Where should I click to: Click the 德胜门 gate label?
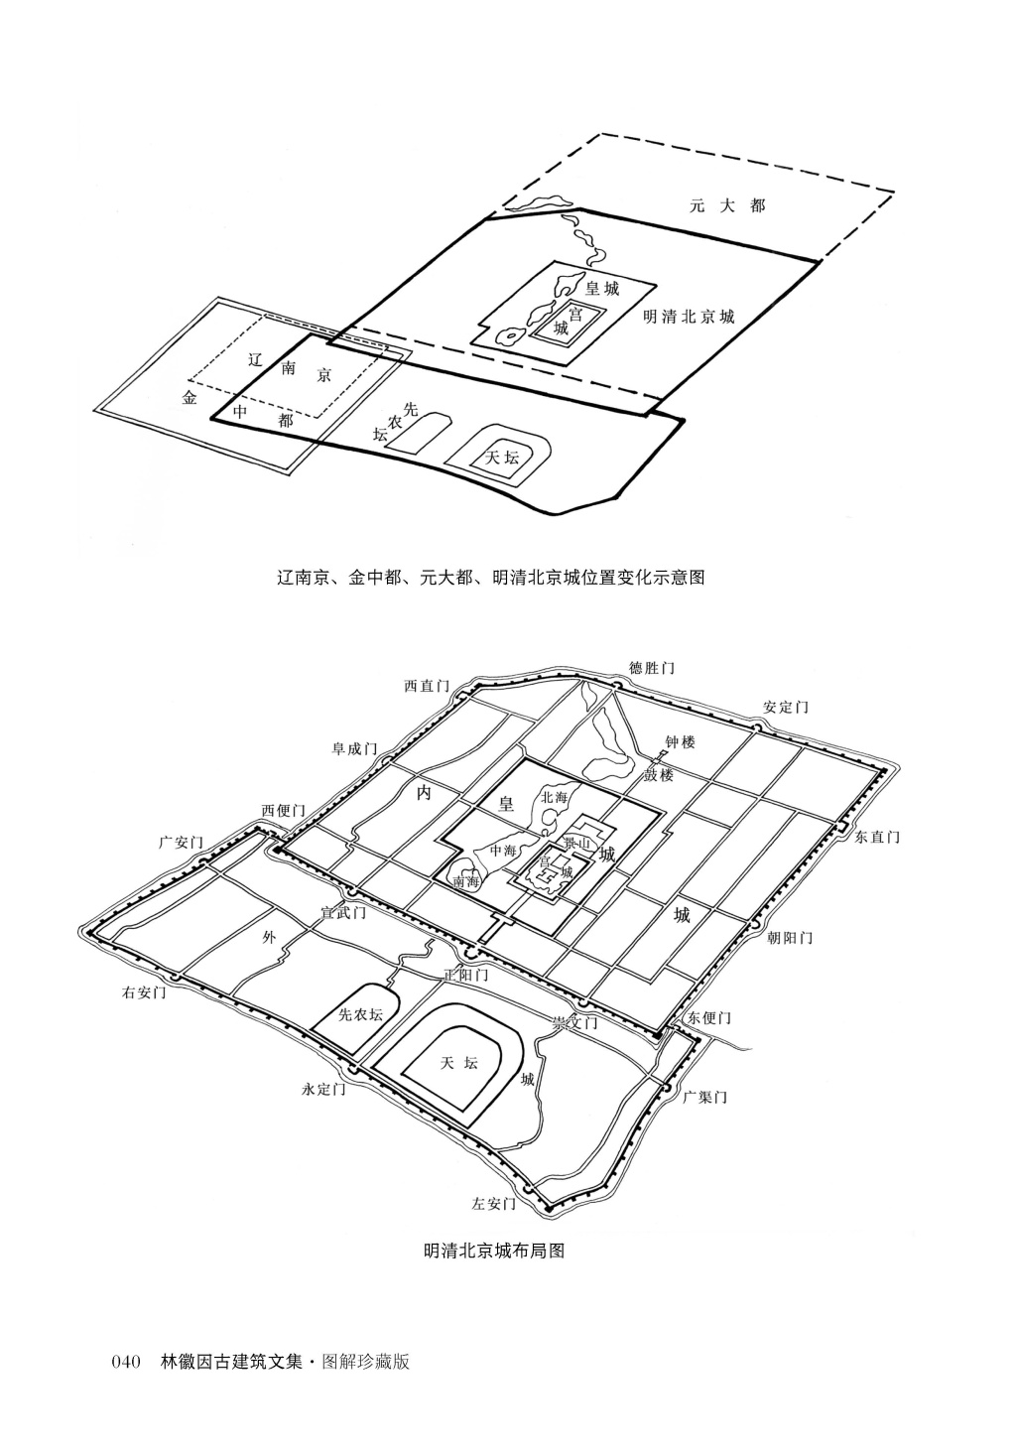tap(652, 668)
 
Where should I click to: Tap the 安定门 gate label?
tap(786, 708)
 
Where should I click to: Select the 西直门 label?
tap(427, 686)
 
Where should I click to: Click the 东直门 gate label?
tap(877, 838)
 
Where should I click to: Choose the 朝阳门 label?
tap(790, 937)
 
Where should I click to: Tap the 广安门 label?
tap(181, 843)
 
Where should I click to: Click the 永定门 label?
tap(323, 1089)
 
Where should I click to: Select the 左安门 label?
tap(494, 1204)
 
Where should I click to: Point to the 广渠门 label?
tap(705, 1097)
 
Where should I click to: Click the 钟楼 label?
tap(681, 742)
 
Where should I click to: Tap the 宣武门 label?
tap(343, 911)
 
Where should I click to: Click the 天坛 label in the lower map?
tap(458, 1063)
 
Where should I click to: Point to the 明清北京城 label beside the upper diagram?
tap(690, 318)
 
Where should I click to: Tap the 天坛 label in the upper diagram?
tap(501, 458)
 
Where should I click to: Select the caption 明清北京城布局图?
tap(494, 1251)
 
